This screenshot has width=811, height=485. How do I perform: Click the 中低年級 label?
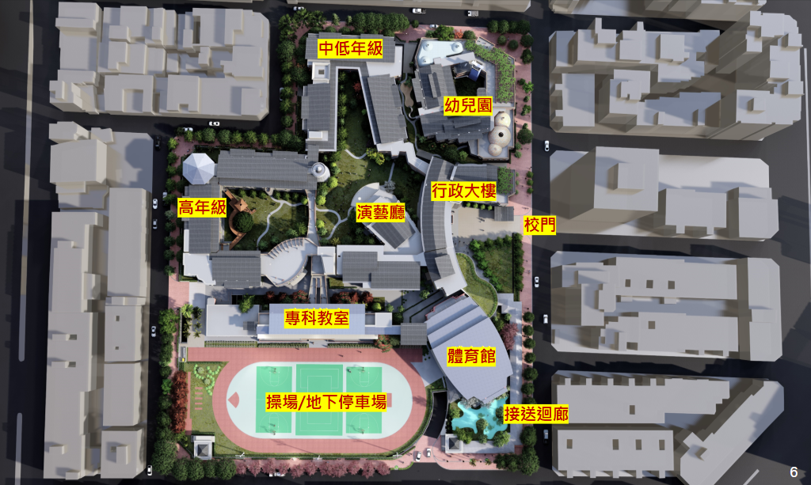tap(351, 49)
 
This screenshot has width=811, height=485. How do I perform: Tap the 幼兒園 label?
tap(468, 106)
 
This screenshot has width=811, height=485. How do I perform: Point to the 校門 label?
tap(539, 225)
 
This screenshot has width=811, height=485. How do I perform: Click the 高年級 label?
tap(203, 208)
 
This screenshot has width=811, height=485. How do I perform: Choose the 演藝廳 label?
tap(381, 212)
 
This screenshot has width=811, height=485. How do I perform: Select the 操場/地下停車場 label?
tap(326, 402)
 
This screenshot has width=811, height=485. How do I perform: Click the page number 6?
tap(793, 471)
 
